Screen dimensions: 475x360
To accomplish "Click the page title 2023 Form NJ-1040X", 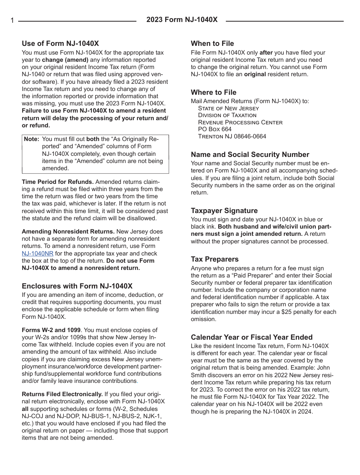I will [x=182, y=20].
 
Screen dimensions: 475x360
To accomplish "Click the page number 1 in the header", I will [x=12, y=21].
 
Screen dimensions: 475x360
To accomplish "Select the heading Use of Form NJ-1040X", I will [x=60, y=43].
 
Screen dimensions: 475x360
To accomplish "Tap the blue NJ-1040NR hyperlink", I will [x=38, y=254].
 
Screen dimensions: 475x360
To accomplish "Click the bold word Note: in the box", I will [x=32, y=139].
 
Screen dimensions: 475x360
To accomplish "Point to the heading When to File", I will [x=212, y=43].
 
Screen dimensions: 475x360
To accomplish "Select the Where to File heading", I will [x=213, y=92].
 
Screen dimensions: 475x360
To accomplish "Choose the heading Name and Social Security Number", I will [x=250, y=154].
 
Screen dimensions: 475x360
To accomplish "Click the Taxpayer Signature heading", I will [x=224, y=210].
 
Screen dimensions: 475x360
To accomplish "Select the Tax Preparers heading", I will [x=214, y=259].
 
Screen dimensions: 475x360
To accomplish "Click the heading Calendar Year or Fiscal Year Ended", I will [x=252, y=337].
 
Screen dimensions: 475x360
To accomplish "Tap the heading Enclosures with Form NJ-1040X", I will [x=77, y=286].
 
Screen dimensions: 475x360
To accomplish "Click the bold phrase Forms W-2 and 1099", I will [x=51, y=330].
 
